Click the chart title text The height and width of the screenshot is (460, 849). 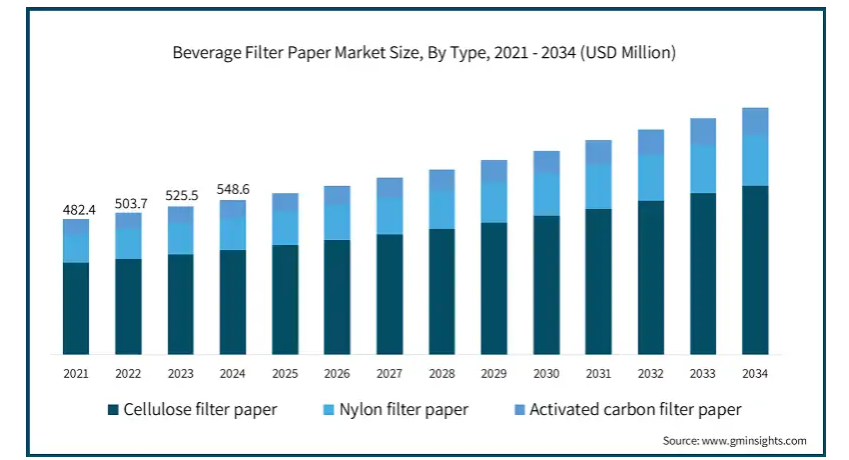point(424,53)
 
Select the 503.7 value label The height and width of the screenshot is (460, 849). point(128,203)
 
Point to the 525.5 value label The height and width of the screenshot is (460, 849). point(181,196)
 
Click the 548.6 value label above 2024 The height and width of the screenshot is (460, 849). point(233,189)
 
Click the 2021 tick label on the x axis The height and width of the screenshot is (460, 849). point(76,373)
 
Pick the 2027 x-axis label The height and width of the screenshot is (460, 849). point(390,373)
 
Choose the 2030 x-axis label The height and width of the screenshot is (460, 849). point(546,373)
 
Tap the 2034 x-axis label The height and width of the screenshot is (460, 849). point(755,373)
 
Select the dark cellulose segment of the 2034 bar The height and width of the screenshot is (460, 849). point(755,270)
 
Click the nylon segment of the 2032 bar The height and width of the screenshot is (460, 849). point(651,178)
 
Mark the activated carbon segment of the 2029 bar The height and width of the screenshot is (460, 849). point(494,170)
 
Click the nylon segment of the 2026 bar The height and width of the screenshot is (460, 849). point(338,222)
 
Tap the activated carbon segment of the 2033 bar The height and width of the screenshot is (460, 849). point(703,131)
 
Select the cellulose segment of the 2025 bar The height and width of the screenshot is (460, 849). point(286,299)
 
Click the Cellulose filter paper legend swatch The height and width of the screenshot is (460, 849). point(113,409)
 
